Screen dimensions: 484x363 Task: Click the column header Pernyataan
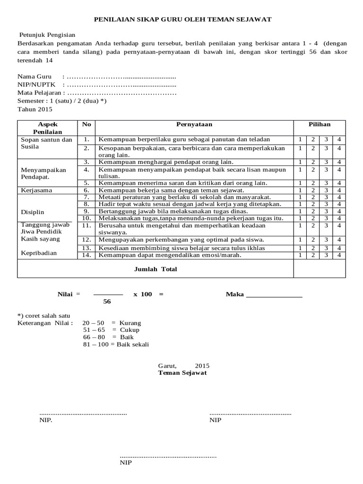[x=194, y=124]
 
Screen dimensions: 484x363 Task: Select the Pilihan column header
[x=320, y=124]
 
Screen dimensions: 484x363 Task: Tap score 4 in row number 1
[x=339, y=139]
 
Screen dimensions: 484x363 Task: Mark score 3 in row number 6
[x=326, y=190]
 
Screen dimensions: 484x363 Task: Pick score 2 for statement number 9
[x=312, y=211]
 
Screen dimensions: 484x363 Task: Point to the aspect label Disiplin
[x=32, y=212]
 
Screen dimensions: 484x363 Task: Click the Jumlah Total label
[x=156, y=269]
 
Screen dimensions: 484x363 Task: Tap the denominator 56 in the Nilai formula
[x=107, y=302]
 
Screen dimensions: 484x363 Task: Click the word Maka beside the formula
[x=234, y=294]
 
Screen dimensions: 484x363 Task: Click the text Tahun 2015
[x=35, y=109]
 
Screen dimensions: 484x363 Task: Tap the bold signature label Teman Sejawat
[x=182, y=373]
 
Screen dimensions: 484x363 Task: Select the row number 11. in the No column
[x=86, y=225]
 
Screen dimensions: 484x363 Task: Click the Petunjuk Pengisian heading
[x=47, y=35]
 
